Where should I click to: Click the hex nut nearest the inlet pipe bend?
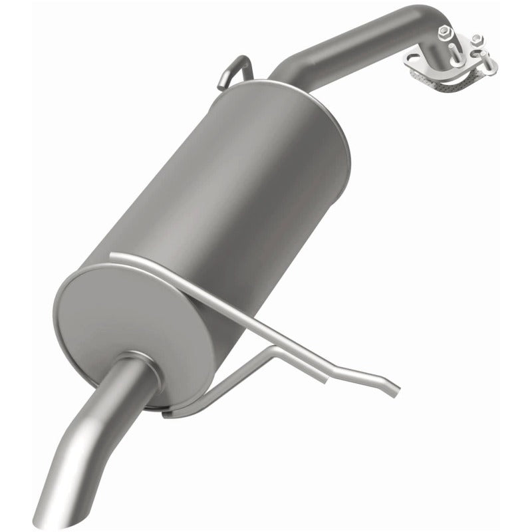tap(445, 31)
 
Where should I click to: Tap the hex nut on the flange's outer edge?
tap(477, 41)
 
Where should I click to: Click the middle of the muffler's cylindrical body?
tap(226, 186)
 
